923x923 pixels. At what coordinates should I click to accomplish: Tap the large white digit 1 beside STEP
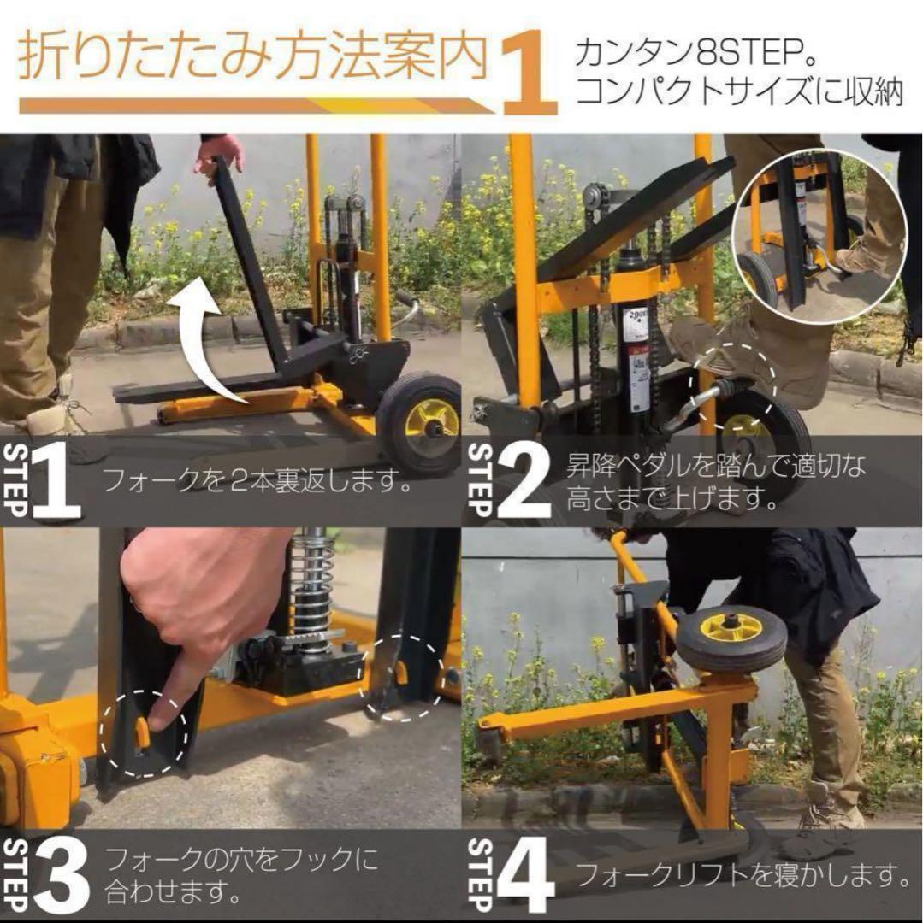[x=58, y=481]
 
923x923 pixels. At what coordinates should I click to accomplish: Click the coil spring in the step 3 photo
[x=312, y=581]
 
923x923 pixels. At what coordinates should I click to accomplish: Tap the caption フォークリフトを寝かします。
[x=741, y=874]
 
